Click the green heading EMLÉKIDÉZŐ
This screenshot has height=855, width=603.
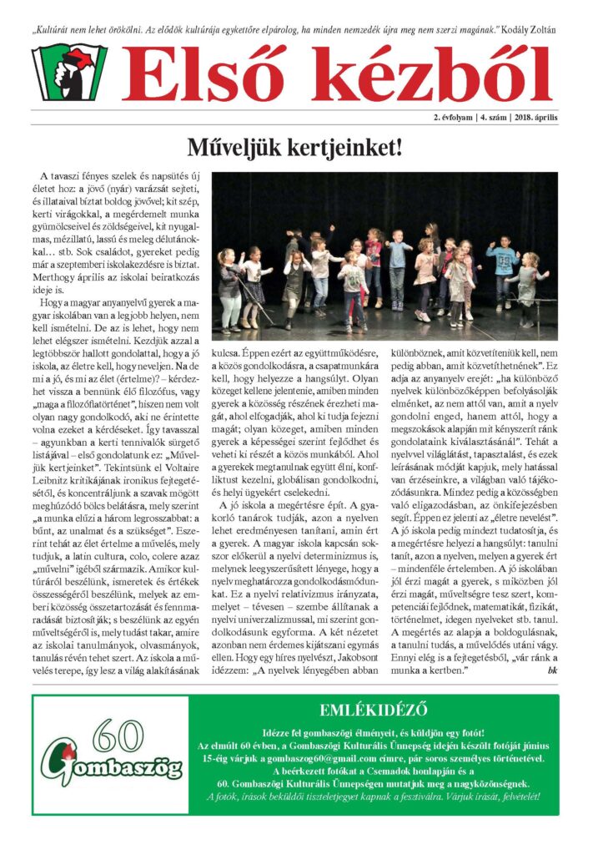[374, 711]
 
